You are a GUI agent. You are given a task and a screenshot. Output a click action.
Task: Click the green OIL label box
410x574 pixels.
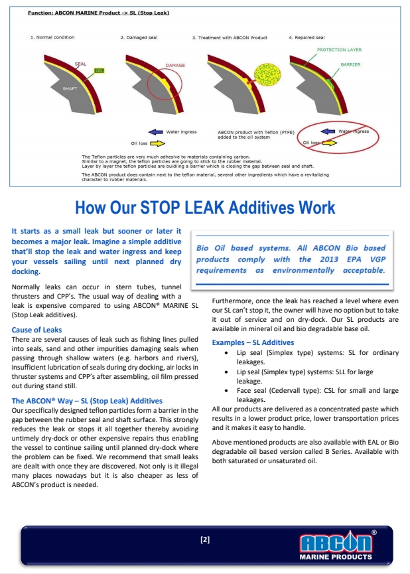pos(100,70)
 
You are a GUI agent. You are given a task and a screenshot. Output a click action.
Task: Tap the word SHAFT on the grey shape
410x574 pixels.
pos(70,88)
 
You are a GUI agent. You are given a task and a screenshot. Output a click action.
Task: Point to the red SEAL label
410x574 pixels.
pos(80,64)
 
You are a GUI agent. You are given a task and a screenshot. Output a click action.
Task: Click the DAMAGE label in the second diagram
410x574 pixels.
pos(175,66)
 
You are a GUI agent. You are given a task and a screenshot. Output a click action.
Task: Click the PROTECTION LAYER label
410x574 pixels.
pos(338,50)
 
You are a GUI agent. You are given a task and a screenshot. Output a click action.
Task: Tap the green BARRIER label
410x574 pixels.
pos(350,65)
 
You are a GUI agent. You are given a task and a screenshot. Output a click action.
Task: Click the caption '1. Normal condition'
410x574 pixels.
pos(53,38)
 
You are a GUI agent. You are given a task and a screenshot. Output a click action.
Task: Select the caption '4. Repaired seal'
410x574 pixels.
pos(307,38)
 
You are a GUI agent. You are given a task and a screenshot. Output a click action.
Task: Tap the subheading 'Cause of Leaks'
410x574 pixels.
pos(37,330)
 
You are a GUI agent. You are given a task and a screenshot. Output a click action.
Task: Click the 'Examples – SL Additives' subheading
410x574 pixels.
pos(253,342)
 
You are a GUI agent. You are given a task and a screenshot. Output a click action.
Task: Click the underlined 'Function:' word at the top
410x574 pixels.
pos(40,13)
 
